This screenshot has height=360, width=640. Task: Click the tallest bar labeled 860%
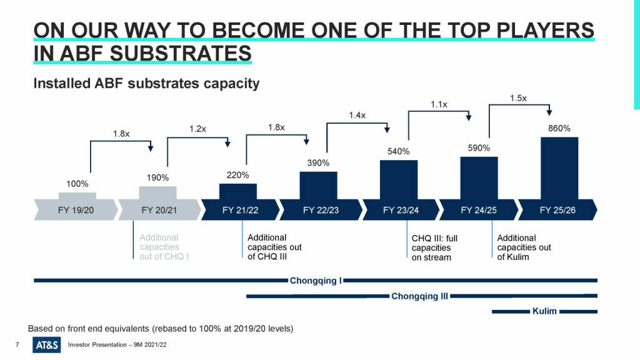tap(559, 168)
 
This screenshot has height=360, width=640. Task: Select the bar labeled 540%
tap(398, 179)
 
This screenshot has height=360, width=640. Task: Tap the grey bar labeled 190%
tap(157, 193)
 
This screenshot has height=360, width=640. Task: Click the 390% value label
tap(318, 163)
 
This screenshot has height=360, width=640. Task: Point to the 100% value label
tap(77, 184)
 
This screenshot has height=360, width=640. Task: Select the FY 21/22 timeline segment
tap(241, 210)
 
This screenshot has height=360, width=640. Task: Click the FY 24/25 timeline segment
tap(479, 210)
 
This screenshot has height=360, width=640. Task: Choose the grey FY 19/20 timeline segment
tap(76, 210)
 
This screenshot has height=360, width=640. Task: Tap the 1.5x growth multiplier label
tap(518, 98)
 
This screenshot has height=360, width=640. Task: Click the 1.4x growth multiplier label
tap(357, 115)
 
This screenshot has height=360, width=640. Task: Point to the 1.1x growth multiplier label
tap(439, 104)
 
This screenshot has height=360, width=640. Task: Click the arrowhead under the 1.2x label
tap(227, 144)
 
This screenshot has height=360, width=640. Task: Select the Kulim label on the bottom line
tap(544, 311)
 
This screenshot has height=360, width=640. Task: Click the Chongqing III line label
tap(419, 296)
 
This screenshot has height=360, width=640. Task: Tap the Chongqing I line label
tap(316, 281)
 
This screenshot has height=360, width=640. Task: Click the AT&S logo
tap(46, 345)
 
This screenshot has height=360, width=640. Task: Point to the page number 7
tap(17, 344)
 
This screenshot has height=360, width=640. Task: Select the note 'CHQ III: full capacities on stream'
tap(434, 247)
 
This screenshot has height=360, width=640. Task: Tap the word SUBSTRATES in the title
tap(181, 54)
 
